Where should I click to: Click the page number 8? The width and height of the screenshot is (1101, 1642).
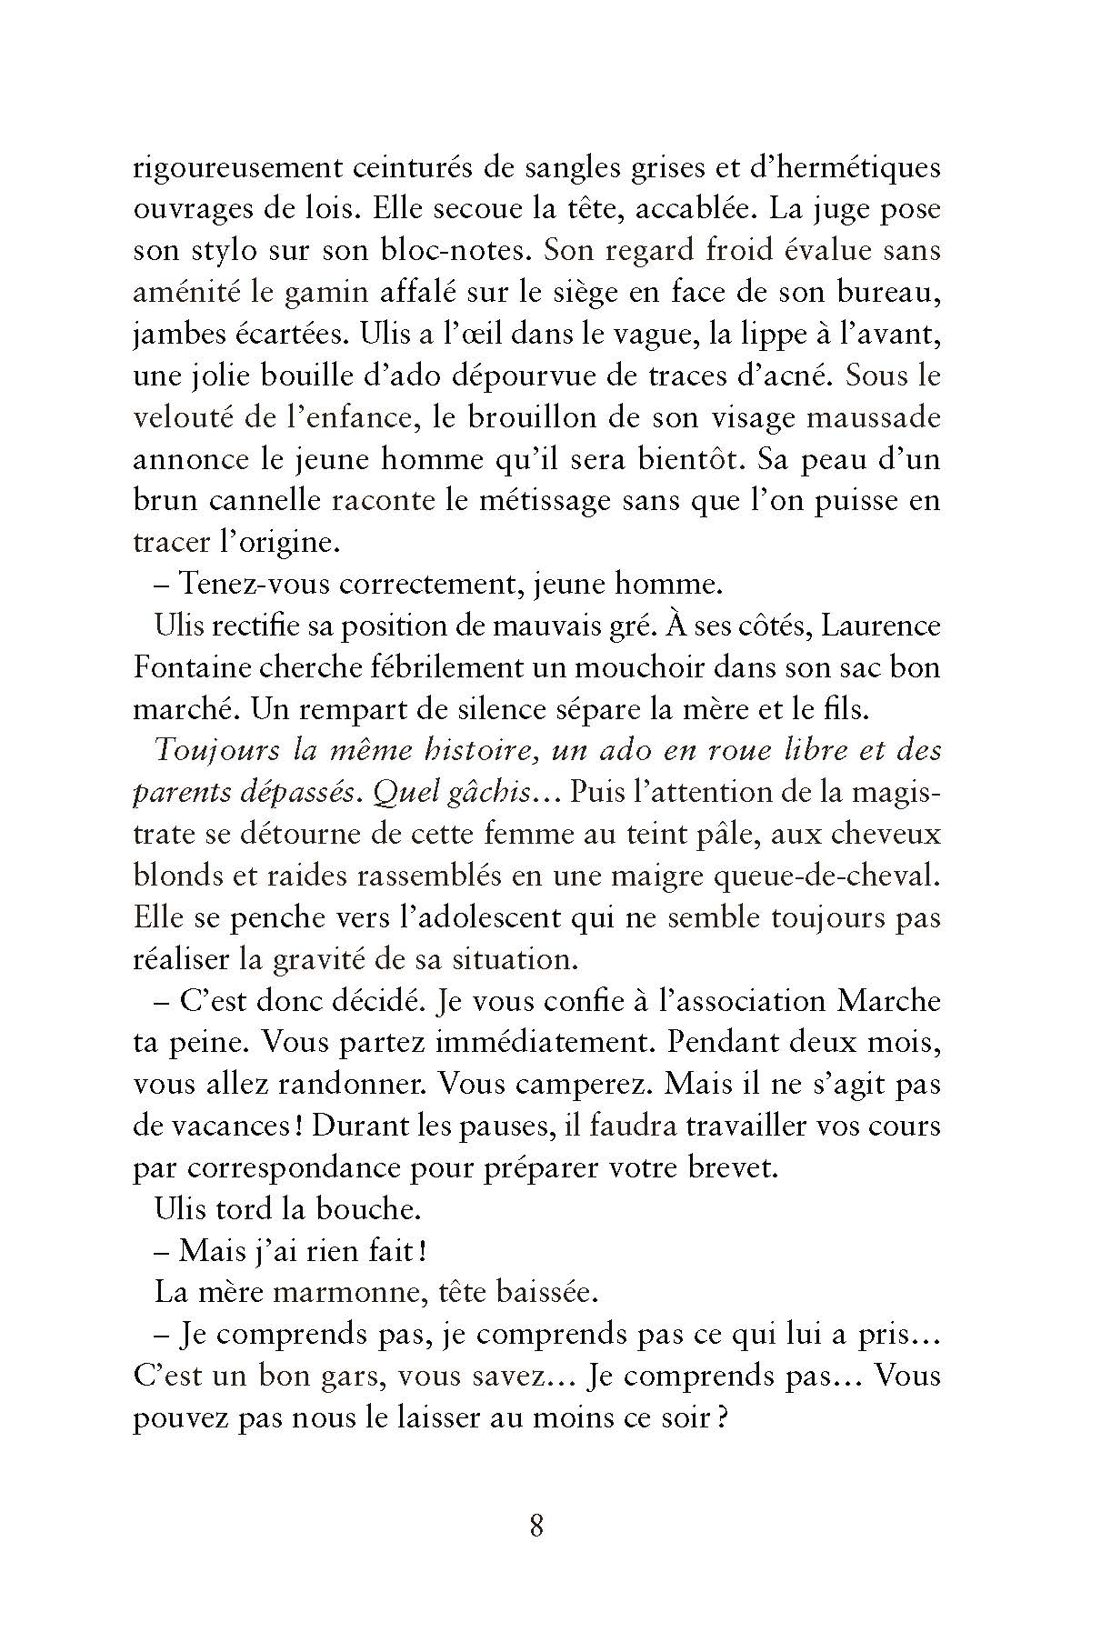(536, 1525)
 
